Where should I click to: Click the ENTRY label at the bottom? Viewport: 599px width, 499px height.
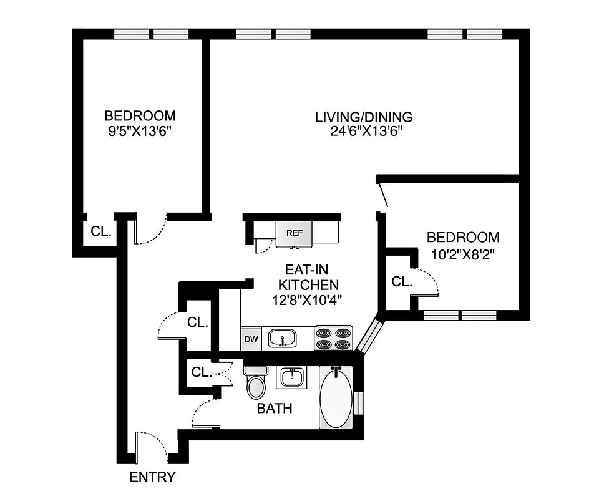click(152, 478)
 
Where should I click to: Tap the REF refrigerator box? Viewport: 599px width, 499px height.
click(294, 233)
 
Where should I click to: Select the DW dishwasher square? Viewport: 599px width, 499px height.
click(251, 339)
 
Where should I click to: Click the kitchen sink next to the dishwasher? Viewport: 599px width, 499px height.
click(283, 339)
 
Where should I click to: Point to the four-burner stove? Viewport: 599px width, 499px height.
click(334, 338)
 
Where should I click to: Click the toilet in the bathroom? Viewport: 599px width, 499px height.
click(256, 384)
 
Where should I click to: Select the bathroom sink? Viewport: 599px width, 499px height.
click(291, 377)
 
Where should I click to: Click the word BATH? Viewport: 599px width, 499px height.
click(275, 409)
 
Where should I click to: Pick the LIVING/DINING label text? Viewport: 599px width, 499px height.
click(363, 117)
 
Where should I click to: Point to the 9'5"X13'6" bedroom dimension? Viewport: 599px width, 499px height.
click(140, 131)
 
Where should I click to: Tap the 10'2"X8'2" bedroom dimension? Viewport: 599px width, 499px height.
click(463, 254)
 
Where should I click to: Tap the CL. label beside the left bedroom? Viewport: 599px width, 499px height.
click(101, 231)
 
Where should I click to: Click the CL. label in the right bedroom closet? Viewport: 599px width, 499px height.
click(402, 282)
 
